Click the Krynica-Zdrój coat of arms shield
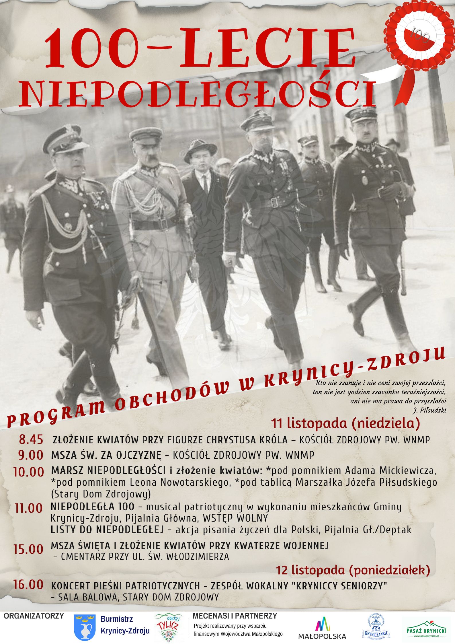(x=85, y=627)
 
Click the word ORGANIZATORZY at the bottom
(x=34, y=616)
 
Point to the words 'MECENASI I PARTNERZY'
(x=235, y=616)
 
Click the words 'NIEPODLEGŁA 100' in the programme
(x=92, y=507)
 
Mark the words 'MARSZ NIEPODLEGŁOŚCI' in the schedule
(x=108, y=470)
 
